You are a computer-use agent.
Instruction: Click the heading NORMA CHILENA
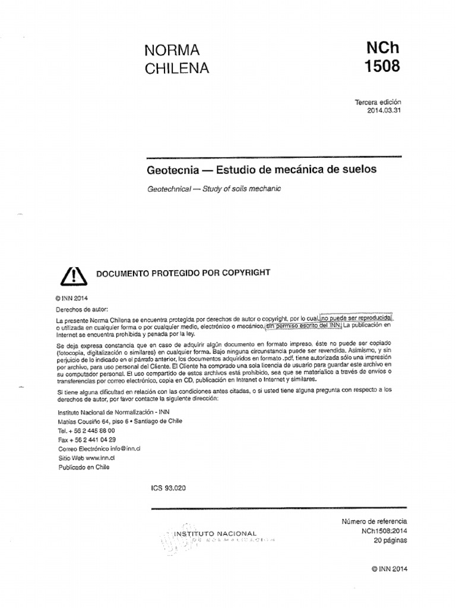[x=177, y=59]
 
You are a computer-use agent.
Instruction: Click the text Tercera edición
[x=378, y=103]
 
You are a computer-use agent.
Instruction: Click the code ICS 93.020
[x=169, y=487]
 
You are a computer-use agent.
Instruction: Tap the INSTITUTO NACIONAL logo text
[x=215, y=533]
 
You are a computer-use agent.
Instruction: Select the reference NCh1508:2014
[x=383, y=531]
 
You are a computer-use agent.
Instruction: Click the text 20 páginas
[x=391, y=540]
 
